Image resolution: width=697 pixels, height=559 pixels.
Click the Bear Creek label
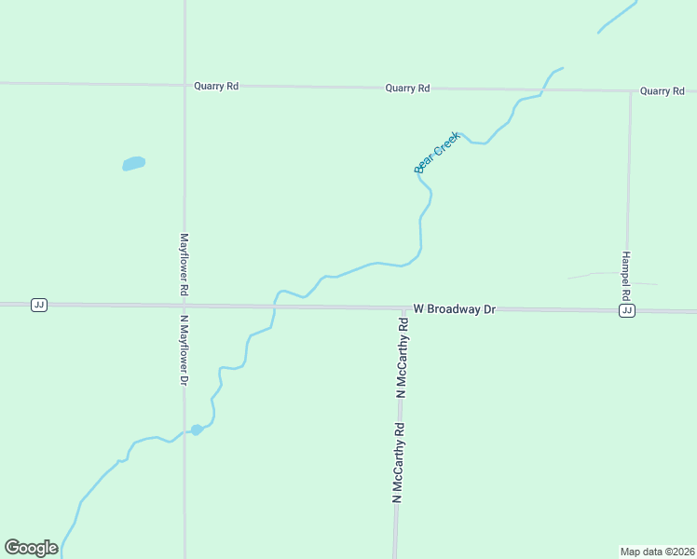437,152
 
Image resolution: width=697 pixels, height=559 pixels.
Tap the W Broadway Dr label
454,308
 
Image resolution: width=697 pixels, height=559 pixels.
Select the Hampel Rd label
626,275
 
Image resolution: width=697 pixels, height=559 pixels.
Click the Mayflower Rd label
184,265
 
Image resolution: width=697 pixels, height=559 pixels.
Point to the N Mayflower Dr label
184,349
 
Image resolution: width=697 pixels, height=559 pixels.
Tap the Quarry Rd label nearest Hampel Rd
663,91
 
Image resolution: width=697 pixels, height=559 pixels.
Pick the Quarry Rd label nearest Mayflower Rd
216,86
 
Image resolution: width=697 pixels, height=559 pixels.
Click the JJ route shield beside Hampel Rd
627,310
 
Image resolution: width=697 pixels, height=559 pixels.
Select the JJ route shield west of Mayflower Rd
38,305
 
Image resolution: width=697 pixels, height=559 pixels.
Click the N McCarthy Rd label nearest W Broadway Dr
403,360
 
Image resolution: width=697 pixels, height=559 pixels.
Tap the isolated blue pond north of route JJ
134,163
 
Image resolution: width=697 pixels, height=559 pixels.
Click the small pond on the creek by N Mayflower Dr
197,429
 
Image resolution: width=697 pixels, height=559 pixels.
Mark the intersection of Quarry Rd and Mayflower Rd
184,86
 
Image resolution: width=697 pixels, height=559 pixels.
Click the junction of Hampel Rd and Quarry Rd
630,91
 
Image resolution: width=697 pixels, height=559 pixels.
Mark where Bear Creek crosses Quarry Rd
545,89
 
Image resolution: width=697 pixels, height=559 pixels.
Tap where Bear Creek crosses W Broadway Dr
275,306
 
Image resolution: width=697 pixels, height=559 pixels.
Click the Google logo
31,548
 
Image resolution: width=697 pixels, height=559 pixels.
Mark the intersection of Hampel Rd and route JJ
627,310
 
